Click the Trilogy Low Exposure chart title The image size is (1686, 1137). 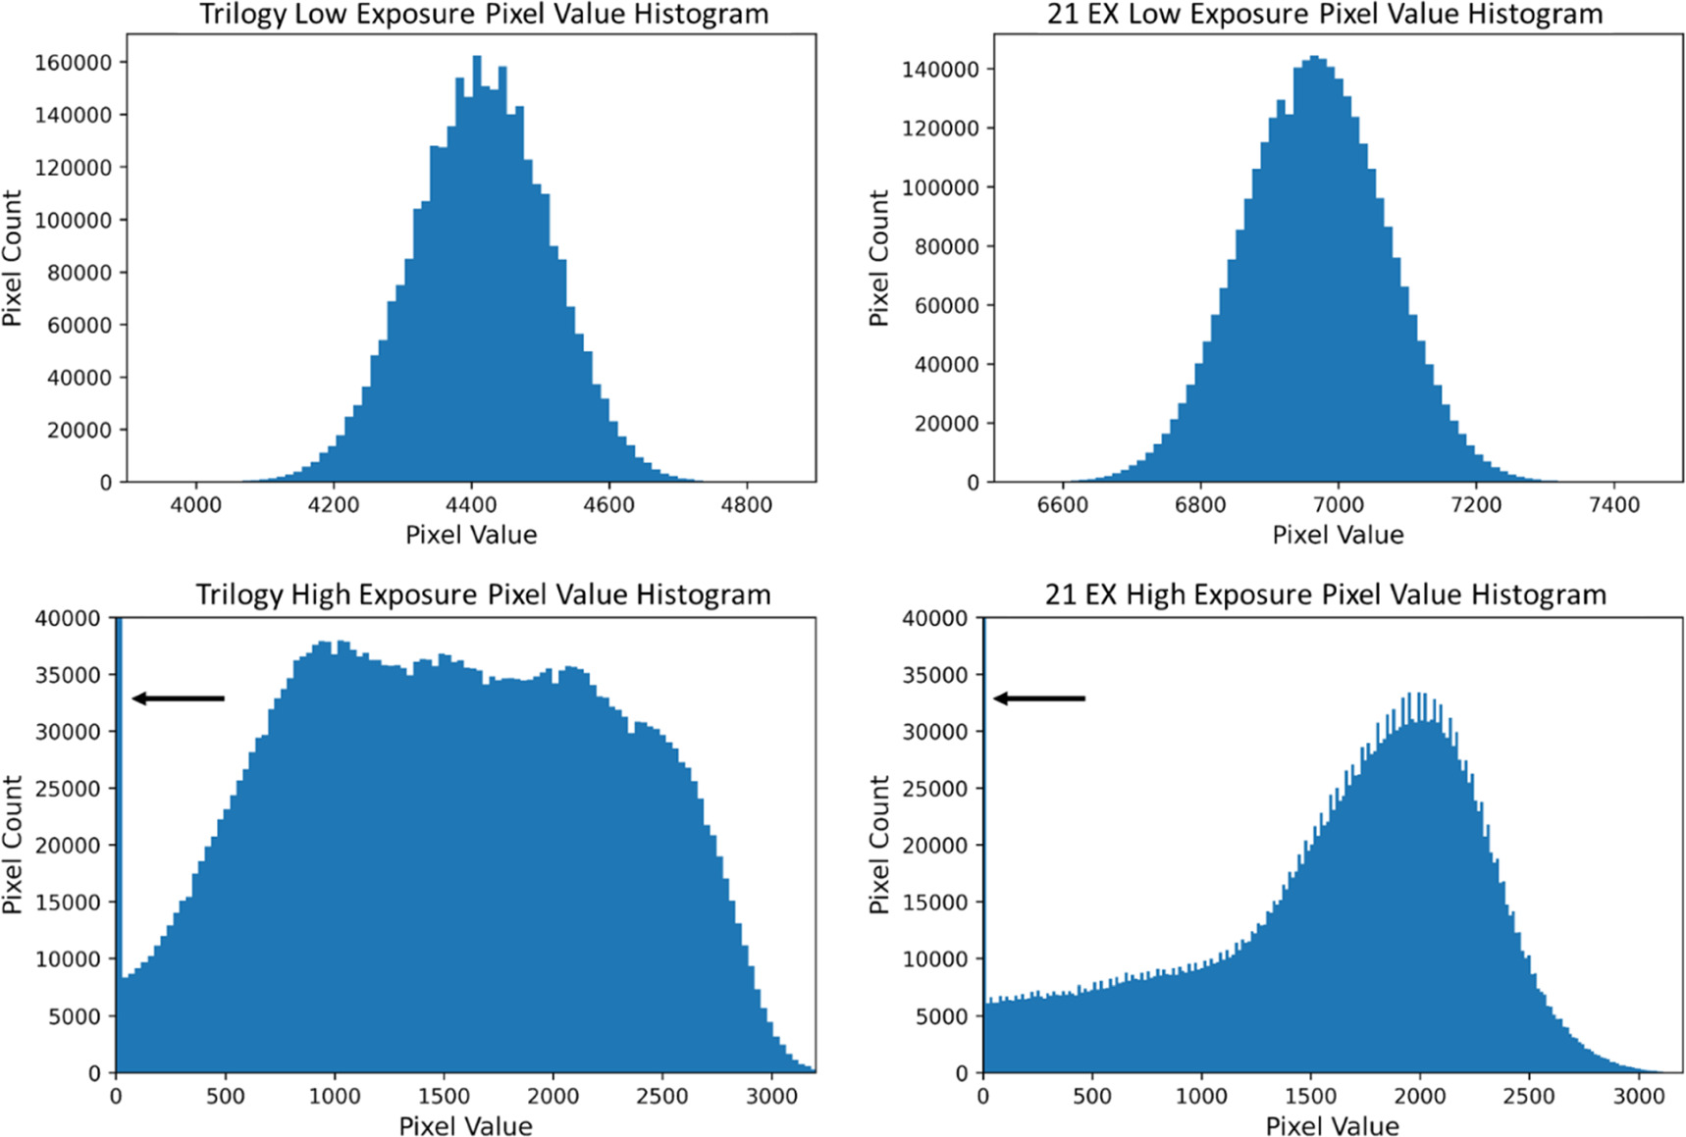(x=484, y=15)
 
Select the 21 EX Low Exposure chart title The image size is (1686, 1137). (x=1325, y=15)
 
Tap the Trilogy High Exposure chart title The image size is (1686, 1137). (x=483, y=594)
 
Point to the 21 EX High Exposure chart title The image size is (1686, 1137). (x=1325, y=594)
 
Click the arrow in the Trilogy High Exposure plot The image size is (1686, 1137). (x=179, y=698)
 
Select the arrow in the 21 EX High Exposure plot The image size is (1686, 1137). (x=1039, y=698)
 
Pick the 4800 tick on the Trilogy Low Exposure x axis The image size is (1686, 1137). (x=746, y=505)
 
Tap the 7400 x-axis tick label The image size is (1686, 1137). (x=1613, y=505)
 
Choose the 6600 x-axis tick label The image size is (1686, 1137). (x=1063, y=505)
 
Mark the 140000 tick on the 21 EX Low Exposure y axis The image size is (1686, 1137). (x=940, y=70)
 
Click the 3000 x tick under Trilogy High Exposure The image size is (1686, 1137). (x=771, y=1096)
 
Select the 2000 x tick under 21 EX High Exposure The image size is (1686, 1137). (x=1420, y=1096)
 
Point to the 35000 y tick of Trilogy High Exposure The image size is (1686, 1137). (x=68, y=675)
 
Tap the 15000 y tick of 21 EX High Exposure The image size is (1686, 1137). (x=934, y=903)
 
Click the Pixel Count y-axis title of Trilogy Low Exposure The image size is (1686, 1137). (x=13, y=258)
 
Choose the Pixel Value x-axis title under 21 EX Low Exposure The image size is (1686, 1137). (x=1338, y=535)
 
